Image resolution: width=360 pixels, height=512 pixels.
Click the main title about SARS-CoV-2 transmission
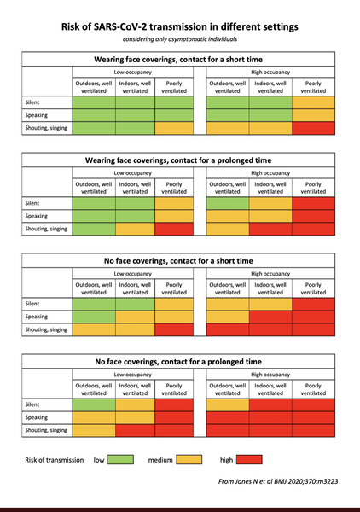pos(180,26)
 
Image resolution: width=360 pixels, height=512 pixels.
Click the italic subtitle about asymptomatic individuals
pos(180,39)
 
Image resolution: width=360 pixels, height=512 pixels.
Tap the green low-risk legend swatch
pos(120,459)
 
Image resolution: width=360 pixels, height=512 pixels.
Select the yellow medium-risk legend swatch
pos(189,459)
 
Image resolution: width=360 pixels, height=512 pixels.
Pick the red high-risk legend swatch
pos(249,459)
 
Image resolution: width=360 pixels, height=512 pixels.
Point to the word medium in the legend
pos(160,460)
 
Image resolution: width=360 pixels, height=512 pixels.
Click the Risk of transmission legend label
pos(55,460)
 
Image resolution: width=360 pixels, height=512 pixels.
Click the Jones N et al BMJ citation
pos(278,481)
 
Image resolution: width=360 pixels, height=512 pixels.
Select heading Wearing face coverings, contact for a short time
pos(178,60)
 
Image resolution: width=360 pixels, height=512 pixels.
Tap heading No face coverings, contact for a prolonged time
pos(178,362)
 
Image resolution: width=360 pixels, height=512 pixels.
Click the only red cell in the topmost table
pos(313,128)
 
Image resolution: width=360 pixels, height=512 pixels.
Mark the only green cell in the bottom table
pos(94,404)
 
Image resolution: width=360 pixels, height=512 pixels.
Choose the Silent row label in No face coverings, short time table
pos(32,304)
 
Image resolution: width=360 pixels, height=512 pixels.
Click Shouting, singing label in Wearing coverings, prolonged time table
pos(46,229)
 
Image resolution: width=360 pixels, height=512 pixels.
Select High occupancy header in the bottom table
pos(270,375)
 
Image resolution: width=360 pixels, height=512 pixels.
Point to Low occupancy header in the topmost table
pos(132,73)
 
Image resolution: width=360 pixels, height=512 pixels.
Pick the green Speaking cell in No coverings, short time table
pos(94,317)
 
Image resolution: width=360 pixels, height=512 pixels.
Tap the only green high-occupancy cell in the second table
pos(228,203)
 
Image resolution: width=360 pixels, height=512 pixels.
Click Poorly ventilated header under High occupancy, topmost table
pos(313,87)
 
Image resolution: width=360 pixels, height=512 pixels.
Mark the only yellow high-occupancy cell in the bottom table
pos(228,404)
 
